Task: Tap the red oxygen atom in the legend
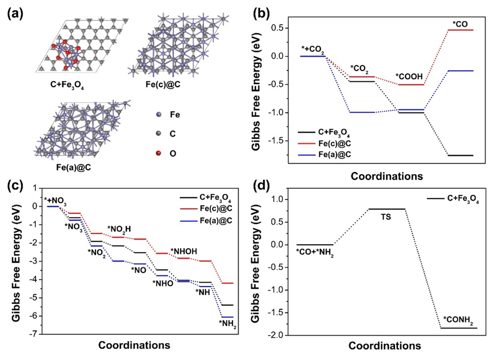[157, 154]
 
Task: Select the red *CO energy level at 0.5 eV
[460, 30]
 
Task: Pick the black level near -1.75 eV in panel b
[460, 155]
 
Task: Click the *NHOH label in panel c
[184, 251]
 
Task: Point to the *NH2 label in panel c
[228, 324]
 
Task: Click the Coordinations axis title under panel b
[387, 176]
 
